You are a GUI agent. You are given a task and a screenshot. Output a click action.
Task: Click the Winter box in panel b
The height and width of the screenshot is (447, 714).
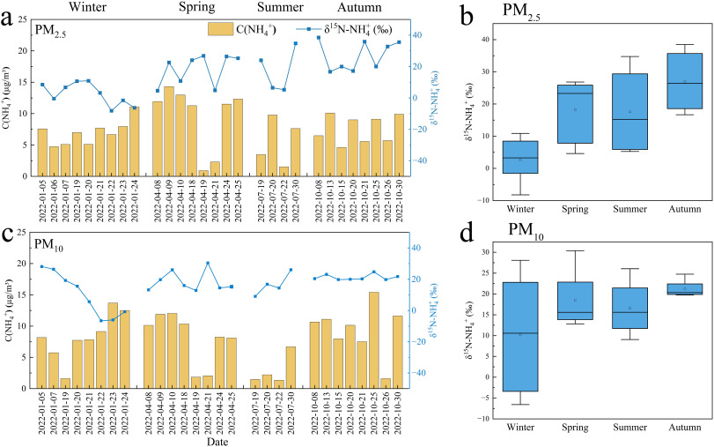tap(519, 157)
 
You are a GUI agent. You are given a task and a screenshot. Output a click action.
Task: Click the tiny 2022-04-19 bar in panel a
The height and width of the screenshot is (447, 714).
tap(203, 172)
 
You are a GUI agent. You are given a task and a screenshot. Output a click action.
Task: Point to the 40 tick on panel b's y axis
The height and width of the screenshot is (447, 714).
tap(482, 40)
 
